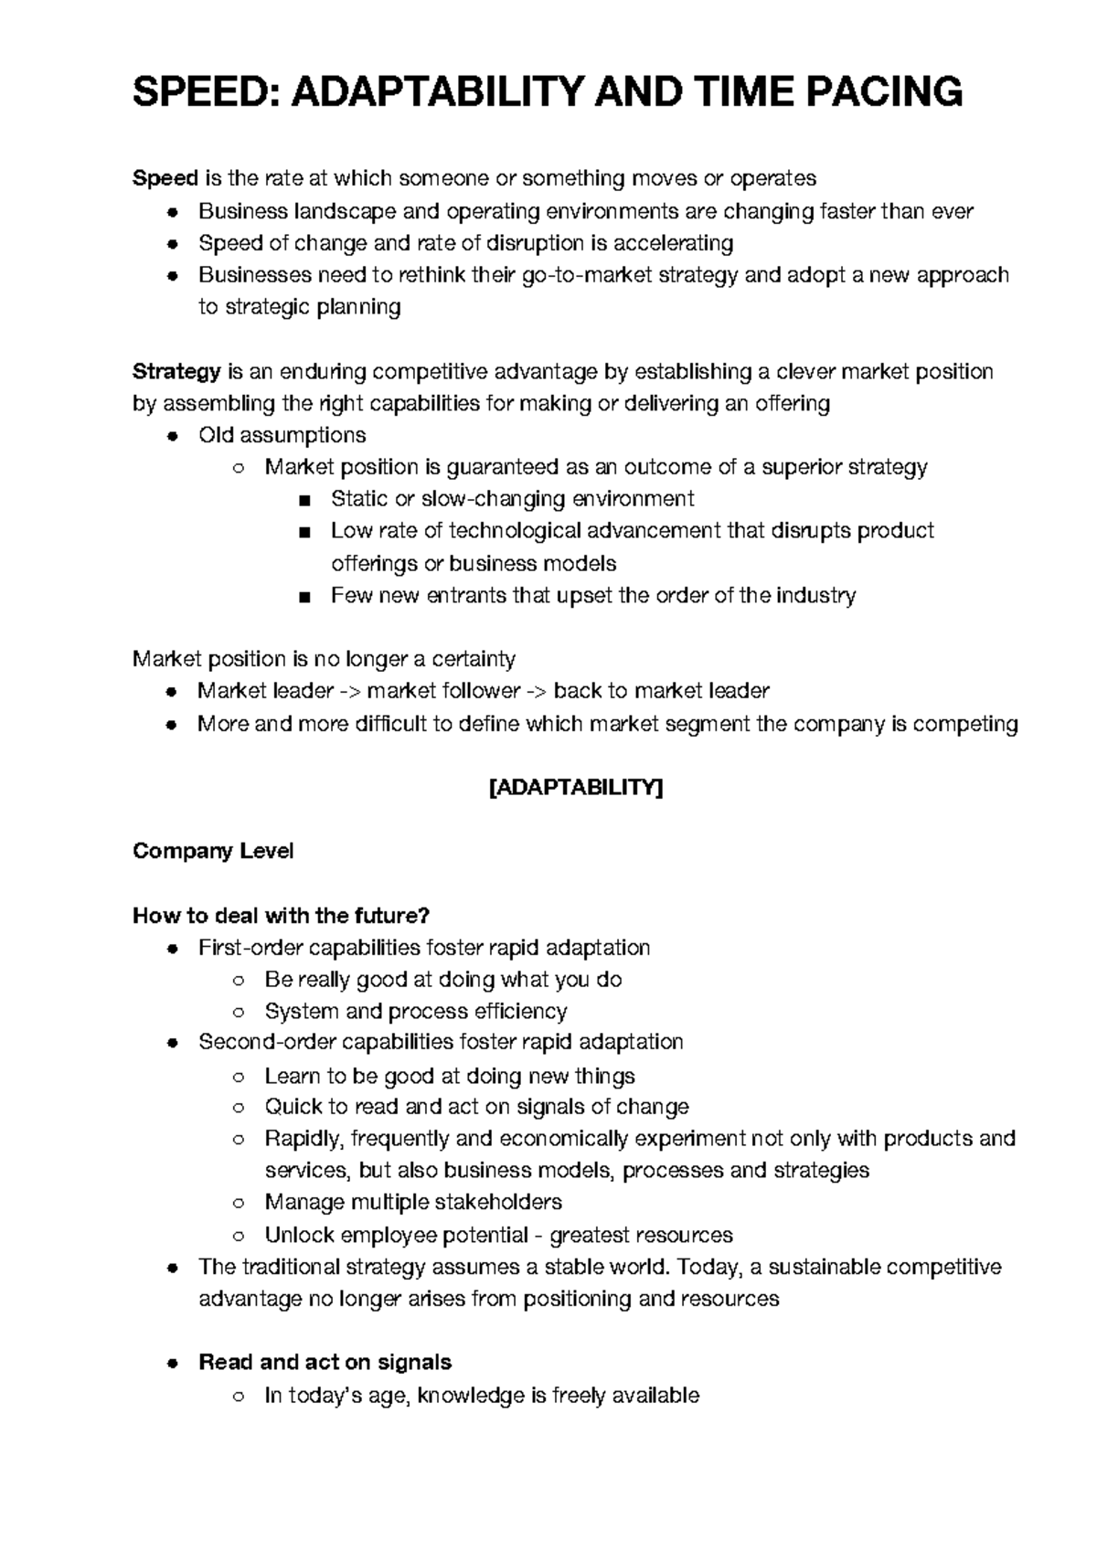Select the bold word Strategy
coord(176,371)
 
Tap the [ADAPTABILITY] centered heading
coord(576,788)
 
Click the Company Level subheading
coord(213,851)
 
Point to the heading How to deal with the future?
coord(281,915)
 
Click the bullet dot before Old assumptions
coord(172,436)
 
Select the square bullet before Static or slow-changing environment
coord(304,500)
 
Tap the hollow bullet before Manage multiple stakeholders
coord(238,1203)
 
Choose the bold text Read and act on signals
coord(325,1363)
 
